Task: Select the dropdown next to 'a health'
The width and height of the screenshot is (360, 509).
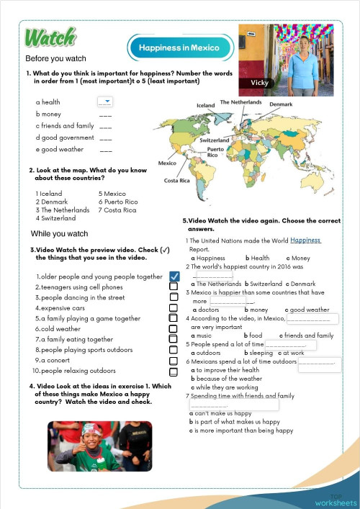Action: (105, 102)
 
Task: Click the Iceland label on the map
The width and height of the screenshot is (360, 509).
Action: (206, 105)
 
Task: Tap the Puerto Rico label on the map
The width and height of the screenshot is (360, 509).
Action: (213, 151)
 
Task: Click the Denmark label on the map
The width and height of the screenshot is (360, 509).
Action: (281, 104)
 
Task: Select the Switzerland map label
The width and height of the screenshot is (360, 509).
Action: (214, 140)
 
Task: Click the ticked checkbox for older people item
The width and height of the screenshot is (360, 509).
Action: (174, 276)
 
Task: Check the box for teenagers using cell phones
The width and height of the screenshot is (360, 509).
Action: (174, 287)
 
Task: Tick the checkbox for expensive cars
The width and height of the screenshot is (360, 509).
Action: (174, 307)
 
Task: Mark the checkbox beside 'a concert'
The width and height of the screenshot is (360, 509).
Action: (174, 361)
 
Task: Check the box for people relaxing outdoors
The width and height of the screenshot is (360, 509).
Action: (174, 371)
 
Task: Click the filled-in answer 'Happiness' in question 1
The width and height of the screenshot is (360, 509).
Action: (306, 240)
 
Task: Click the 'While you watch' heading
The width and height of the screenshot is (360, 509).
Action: (59, 234)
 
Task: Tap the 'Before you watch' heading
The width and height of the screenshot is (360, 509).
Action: (55, 58)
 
